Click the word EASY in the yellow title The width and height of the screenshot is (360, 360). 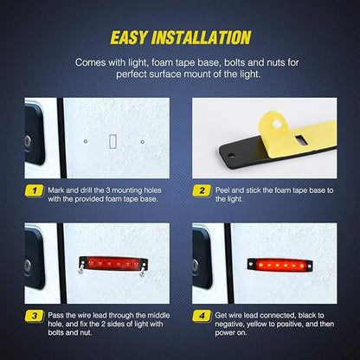coord(129,38)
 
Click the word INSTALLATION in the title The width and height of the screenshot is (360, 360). coord(202,38)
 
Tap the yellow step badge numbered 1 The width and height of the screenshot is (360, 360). coord(35,190)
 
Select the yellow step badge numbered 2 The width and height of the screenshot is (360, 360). coord(202,190)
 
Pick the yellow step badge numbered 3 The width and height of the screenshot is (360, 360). coord(35,316)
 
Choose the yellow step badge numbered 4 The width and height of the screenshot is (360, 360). coord(202,316)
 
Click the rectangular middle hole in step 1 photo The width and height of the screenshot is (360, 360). coord(112,141)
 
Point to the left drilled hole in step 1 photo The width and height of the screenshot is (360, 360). coord(86,141)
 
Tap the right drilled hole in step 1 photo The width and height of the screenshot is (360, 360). coord(143,142)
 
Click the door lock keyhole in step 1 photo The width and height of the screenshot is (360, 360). coord(28,141)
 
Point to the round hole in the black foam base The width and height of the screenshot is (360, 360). coord(231,156)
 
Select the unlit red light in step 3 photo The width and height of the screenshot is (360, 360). coord(113,263)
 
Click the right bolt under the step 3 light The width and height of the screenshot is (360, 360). coord(143,271)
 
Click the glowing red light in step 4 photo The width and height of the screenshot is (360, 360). coord(280,265)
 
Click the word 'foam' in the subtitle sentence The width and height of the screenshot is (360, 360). coord(163,62)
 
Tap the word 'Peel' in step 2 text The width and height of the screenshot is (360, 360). coord(222,190)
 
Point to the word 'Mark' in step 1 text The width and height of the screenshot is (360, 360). coord(55,190)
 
